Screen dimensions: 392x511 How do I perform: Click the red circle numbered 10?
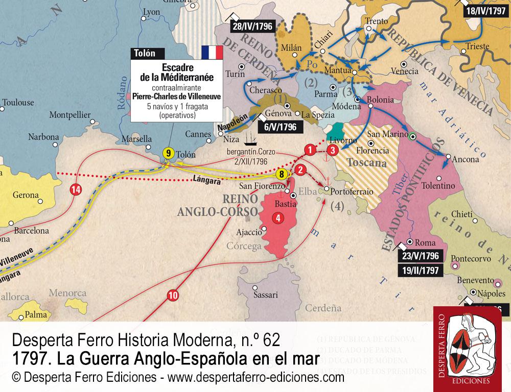coord(173,295)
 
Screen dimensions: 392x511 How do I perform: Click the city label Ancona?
coord(465,159)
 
